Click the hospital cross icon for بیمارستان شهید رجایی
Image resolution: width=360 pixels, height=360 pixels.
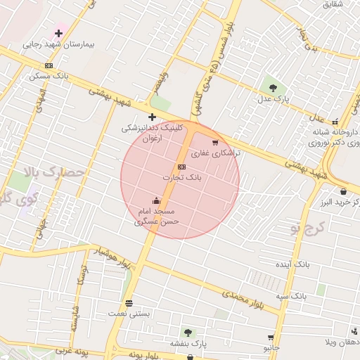tap(58, 33)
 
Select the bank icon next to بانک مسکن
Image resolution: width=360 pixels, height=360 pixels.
tap(49, 65)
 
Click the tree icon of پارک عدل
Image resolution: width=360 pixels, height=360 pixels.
tap(273, 88)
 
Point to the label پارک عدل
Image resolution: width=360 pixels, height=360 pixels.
tap(273, 99)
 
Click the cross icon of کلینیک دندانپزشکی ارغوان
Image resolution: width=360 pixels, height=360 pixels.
tap(152, 117)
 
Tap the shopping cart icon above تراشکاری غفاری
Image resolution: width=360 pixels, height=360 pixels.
tap(215, 143)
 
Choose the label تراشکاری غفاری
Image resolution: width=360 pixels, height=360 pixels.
tap(215, 153)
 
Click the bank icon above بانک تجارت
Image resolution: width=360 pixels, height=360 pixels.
tap(182, 167)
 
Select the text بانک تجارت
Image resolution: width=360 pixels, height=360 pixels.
tap(182, 177)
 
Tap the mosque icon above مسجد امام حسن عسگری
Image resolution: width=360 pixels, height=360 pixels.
tap(156, 201)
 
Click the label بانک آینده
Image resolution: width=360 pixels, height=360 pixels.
tap(292, 264)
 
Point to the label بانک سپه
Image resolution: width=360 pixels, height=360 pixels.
tap(291, 296)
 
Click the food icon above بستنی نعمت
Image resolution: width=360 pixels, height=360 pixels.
tap(129, 303)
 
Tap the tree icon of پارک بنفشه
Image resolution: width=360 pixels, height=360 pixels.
tap(188, 333)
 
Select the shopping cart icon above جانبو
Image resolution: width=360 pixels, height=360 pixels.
tap(271, 337)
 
